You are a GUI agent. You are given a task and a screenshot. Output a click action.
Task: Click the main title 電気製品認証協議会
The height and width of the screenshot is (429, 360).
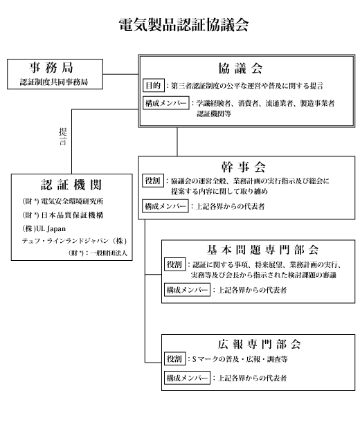tap(183, 25)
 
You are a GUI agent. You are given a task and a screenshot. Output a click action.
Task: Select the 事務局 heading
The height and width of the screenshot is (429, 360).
tap(51, 68)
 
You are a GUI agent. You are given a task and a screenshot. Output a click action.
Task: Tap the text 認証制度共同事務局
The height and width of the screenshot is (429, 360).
tap(54, 82)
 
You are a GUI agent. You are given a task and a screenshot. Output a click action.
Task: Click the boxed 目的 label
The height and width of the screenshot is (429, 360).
tap(154, 85)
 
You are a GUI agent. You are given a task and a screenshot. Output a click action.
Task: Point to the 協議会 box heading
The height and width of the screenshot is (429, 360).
tap(240, 68)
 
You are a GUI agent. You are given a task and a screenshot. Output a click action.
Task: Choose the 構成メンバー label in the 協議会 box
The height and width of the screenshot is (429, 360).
tap(166, 103)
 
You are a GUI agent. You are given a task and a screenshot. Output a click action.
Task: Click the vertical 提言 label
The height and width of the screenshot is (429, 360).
tap(63, 136)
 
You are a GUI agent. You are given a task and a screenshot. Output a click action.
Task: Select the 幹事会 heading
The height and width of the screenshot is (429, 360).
tap(244, 167)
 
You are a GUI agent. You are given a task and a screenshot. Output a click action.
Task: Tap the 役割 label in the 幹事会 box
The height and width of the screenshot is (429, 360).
tap(153, 181)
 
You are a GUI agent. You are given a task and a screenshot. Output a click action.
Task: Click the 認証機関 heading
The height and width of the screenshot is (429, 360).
tap(71, 185)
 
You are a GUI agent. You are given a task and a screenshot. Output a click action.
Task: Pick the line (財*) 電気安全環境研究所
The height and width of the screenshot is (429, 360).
tap(63, 201)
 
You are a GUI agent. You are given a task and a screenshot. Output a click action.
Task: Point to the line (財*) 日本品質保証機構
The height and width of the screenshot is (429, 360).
tap(63, 215)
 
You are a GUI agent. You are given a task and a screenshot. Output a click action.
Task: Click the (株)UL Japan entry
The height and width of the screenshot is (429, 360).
tap(44, 229)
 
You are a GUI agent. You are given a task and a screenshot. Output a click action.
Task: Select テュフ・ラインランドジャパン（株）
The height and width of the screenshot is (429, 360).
tap(74, 241)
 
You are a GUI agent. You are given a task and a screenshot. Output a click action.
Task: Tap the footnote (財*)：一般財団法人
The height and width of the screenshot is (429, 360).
tap(98, 253)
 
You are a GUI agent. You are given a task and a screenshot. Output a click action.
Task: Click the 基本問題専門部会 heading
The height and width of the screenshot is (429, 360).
tap(262, 250)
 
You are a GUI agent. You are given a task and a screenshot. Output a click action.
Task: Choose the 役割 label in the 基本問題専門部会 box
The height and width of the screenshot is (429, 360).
tap(175, 264)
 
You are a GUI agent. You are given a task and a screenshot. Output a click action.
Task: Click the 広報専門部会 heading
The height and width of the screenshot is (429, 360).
tap(259, 344)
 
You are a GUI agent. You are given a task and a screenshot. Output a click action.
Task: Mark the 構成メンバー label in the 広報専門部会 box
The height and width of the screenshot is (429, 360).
tap(187, 378)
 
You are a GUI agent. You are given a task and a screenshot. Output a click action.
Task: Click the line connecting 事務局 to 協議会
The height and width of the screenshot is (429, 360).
tap(120, 74)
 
